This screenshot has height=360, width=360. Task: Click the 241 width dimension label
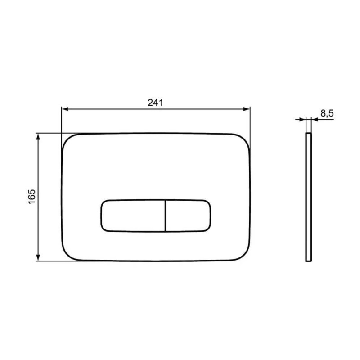(155, 103)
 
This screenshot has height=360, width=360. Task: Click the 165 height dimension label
(31, 197)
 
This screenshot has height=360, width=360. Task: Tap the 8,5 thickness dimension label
(327, 113)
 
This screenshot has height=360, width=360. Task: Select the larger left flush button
(133, 216)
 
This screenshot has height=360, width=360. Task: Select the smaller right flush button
(188, 216)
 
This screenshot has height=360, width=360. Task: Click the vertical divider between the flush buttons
(165, 216)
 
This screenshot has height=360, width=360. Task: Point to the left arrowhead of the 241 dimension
(65, 109)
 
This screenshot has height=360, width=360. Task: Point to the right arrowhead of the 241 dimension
(246, 109)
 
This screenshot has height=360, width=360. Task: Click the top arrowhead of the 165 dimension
(38, 137)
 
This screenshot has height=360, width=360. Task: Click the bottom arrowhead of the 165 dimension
(38, 257)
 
